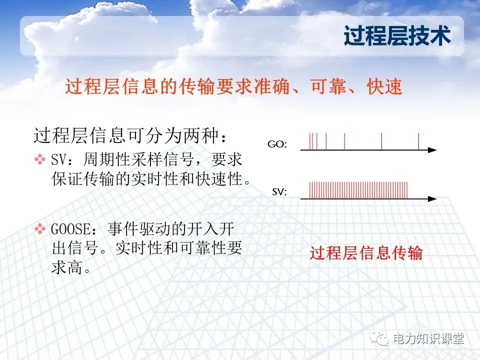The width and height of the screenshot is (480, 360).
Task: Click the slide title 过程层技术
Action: click(x=397, y=36)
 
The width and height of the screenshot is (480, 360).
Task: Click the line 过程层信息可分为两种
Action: click(x=133, y=135)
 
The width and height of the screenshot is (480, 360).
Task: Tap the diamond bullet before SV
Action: click(x=39, y=160)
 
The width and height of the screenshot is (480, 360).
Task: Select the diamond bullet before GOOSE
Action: click(x=39, y=229)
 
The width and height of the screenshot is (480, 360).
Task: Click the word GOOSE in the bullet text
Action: click(x=72, y=229)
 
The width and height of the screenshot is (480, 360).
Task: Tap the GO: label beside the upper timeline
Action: click(x=277, y=144)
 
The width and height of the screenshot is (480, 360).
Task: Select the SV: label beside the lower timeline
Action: click(x=279, y=191)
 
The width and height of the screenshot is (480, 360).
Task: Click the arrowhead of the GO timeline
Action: click(x=432, y=149)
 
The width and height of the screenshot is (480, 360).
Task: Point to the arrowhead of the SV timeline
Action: click(x=432, y=198)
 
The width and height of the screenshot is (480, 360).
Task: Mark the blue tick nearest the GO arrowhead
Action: click(x=418, y=141)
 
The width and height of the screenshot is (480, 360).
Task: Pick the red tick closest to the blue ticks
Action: click(x=344, y=141)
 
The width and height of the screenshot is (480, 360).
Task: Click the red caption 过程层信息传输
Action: click(x=366, y=253)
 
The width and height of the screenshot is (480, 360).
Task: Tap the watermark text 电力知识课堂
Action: click(x=429, y=339)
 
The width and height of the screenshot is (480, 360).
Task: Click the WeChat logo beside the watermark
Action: click(x=381, y=339)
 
